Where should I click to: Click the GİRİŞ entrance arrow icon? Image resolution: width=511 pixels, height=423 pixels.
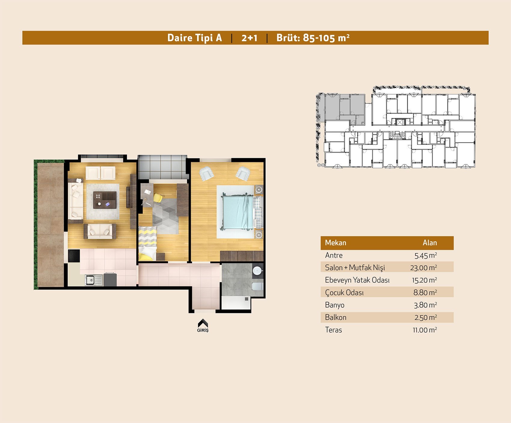[203, 323]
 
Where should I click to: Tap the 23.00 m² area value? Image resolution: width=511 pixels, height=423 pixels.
[424, 268]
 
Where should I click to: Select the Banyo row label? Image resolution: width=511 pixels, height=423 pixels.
[335, 305]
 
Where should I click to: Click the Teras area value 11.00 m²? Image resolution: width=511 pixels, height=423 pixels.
[425, 330]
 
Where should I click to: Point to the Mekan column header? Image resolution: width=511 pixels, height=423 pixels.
[335, 243]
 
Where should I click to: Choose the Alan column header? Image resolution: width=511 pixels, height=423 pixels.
[430, 243]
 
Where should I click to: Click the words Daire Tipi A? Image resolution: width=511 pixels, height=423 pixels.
[194, 38]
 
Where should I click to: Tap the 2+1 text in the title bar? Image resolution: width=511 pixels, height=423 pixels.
[249, 38]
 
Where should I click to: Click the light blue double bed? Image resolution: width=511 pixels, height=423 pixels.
[237, 212]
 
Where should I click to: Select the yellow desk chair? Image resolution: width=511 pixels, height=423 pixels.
[158, 198]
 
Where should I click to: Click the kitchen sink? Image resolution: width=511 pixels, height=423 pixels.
[93, 280]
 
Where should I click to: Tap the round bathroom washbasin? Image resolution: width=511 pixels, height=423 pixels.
[257, 271]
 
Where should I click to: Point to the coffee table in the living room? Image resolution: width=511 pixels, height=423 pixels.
[105, 200]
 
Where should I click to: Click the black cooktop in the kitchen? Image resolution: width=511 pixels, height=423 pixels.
[74, 256]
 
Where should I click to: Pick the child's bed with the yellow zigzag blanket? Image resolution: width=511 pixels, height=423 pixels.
[147, 243]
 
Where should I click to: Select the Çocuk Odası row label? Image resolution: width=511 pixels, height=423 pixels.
[344, 293]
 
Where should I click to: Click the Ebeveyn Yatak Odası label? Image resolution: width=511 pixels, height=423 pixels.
[357, 280]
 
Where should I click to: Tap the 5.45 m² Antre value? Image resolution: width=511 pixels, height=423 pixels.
[426, 255]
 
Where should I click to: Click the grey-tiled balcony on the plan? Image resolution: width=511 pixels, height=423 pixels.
[162, 167]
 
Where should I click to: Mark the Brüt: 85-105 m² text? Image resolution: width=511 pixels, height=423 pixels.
[313, 38]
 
